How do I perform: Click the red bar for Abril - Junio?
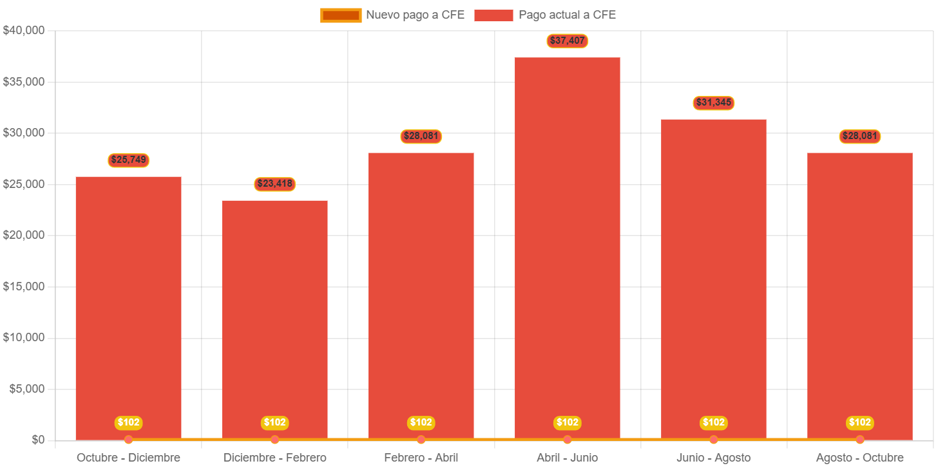pos(567,248)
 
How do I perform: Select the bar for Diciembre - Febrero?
pos(274,319)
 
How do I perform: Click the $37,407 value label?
pos(567,41)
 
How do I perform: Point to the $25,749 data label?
pos(128,160)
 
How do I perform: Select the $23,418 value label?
pos(274,184)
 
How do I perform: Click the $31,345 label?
pos(713,103)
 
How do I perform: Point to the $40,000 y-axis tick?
pos(23,30)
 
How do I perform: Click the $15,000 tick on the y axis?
pos(23,286)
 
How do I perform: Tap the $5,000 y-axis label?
pos(26,389)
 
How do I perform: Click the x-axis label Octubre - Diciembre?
pos(128,458)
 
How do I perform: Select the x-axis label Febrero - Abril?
pos(421,458)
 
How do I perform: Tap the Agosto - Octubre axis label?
pos(859,458)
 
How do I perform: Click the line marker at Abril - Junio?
pos(567,440)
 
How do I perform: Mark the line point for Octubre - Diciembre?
pos(128,440)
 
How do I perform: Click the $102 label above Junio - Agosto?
pos(713,423)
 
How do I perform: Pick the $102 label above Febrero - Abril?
pos(421,423)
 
